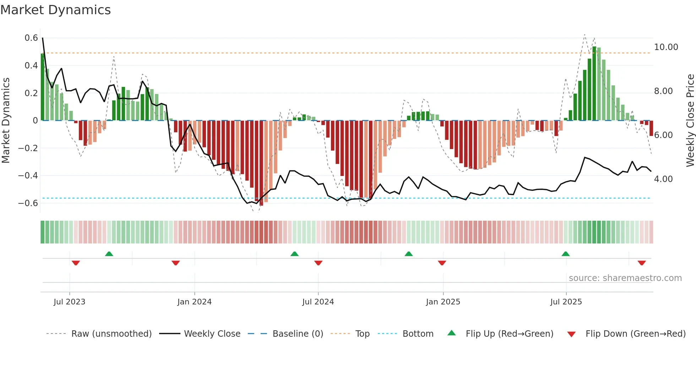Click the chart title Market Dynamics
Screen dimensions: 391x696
(x=56, y=10)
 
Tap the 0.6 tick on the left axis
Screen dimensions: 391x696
(x=31, y=38)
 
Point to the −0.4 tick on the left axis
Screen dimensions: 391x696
(x=28, y=176)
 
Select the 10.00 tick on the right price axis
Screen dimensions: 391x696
(x=666, y=47)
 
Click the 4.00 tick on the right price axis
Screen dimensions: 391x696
(x=663, y=179)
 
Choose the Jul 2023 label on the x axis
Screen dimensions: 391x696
(x=70, y=302)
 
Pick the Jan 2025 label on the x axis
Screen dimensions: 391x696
(x=443, y=302)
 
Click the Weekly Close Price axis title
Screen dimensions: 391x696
(x=690, y=121)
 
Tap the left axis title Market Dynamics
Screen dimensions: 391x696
(x=6, y=121)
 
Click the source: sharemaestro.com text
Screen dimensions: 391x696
(x=625, y=278)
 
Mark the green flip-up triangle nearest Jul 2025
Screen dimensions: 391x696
(x=566, y=254)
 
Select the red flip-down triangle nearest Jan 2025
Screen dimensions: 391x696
(x=442, y=263)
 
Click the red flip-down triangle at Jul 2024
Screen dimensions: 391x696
(x=318, y=263)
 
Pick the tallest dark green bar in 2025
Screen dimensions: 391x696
(x=594, y=83)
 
